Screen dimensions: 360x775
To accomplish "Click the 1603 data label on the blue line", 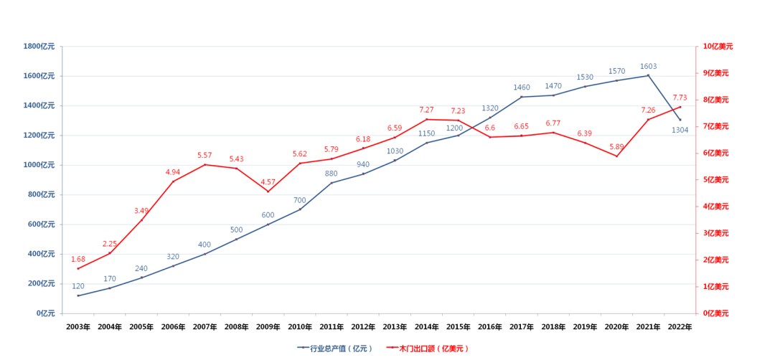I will (x=648, y=67).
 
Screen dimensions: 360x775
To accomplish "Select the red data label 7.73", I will (x=680, y=98).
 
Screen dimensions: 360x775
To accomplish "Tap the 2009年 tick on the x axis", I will (x=268, y=327).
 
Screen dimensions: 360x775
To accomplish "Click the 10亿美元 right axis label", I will (x=718, y=46).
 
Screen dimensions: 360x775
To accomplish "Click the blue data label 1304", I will (x=680, y=131).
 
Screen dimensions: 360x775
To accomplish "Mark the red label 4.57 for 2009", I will (x=268, y=182).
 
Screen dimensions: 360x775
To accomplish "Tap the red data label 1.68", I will (x=78, y=259).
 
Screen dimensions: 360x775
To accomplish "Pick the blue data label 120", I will (x=78, y=286).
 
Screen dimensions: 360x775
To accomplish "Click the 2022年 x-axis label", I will (x=680, y=327).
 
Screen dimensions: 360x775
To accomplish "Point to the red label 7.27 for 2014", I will (x=426, y=110).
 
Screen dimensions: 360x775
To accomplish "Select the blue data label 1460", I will (x=522, y=87).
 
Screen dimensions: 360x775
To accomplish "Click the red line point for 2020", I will (x=616, y=156).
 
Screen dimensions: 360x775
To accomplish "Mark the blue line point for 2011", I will (x=332, y=183).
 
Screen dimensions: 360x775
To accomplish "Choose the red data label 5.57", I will (x=205, y=156).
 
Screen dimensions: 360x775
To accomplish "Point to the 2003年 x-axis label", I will (x=78, y=327).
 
